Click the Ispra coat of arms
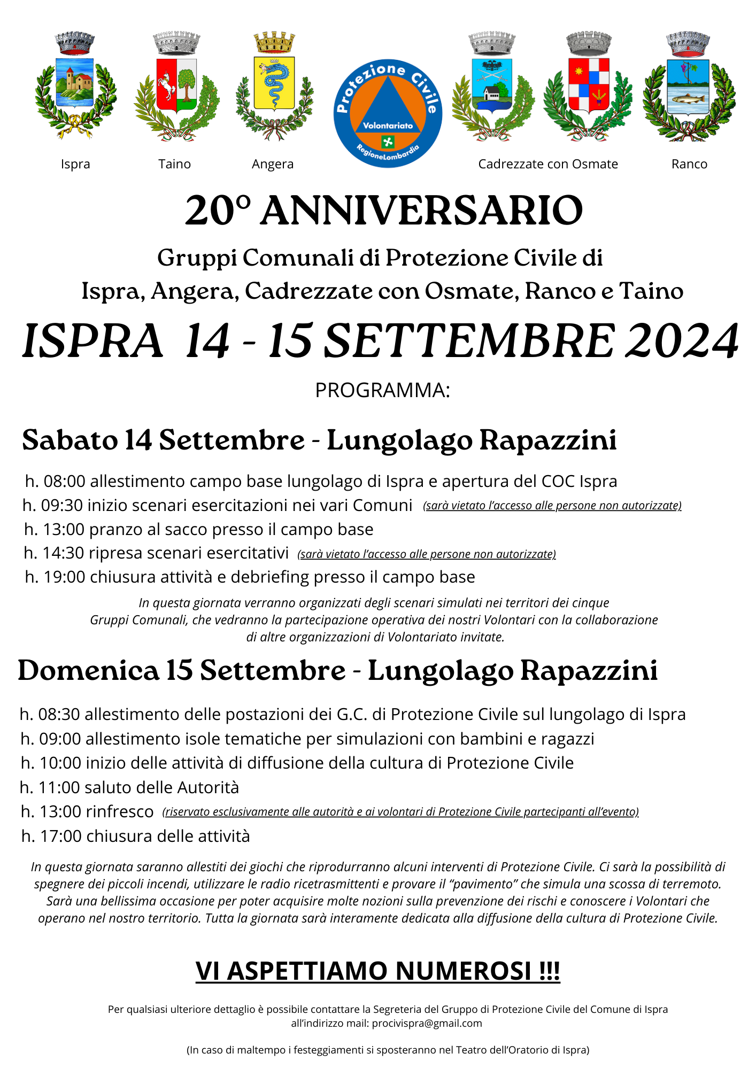click(75, 86)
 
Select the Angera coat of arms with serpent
click(274, 86)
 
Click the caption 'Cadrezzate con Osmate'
click(548, 164)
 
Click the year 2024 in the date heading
click(682, 341)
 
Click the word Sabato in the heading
click(70, 440)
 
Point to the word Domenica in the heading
click(88, 670)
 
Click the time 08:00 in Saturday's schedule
click(64, 482)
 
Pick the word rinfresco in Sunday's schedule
click(120, 812)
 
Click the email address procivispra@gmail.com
click(427, 1024)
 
